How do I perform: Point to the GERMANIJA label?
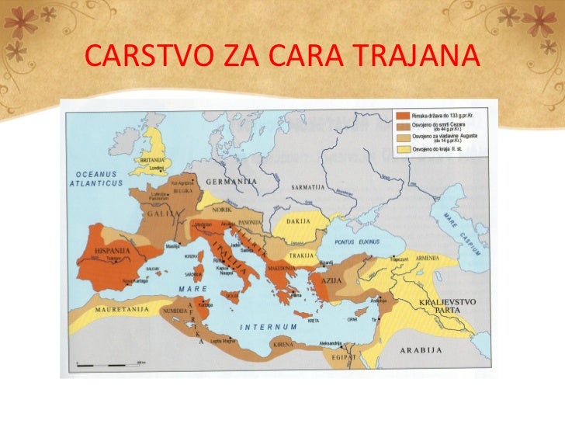click(232, 181)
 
